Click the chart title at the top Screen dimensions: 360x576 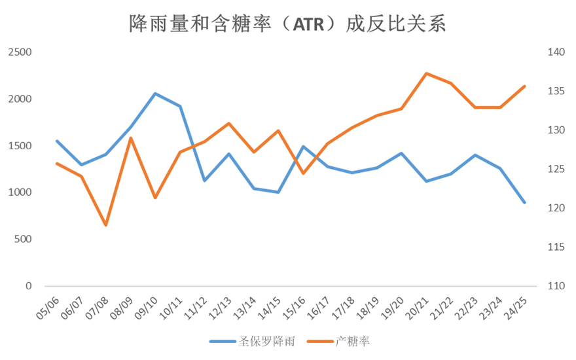click(x=287, y=24)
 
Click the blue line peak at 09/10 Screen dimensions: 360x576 click(x=155, y=94)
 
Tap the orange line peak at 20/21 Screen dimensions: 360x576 click(x=426, y=73)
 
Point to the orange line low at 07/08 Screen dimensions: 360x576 click(x=105, y=225)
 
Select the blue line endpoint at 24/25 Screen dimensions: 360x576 click(x=524, y=203)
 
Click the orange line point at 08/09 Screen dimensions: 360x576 click(x=130, y=138)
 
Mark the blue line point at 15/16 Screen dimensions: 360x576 click(x=303, y=146)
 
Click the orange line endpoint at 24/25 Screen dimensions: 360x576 click(x=524, y=86)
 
